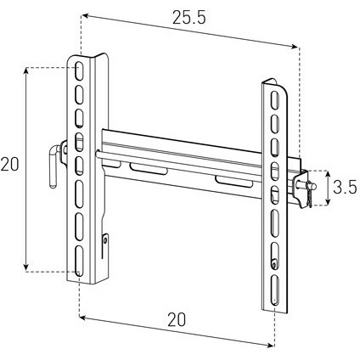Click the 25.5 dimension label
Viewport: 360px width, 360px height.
click(x=189, y=19)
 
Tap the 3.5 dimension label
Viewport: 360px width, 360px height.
click(x=345, y=187)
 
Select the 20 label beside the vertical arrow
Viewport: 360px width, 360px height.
click(x=9, y=165)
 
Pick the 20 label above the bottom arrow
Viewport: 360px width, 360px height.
click(x=177, y=319)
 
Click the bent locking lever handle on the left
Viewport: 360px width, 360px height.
click(x=53, y=166)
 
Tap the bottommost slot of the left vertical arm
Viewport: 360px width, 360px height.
click(x=80, y=261)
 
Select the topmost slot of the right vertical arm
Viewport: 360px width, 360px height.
click(x=274, y=99)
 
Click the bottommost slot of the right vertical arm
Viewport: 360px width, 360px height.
click(x=275, y=290)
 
